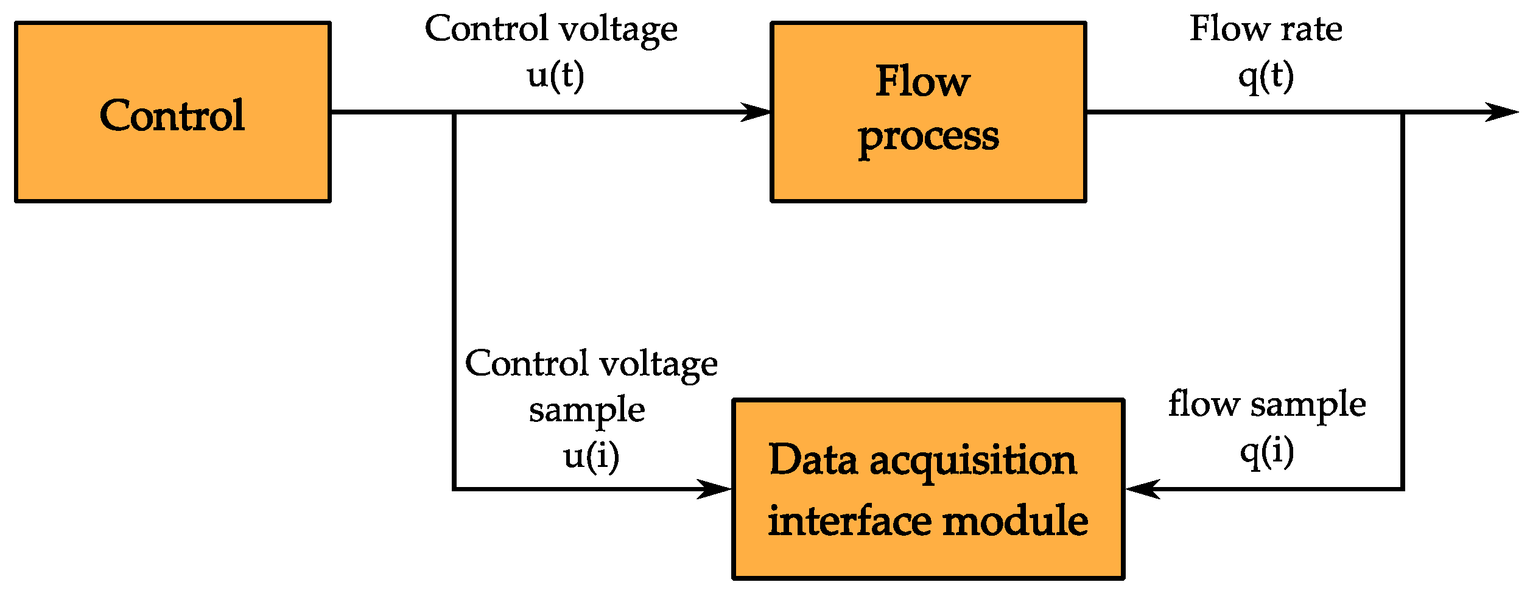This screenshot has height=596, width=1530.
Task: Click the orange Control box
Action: pos(172,112)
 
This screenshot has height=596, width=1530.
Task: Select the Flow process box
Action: pos(928,112)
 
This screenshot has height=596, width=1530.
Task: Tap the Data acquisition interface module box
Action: pos(928,489)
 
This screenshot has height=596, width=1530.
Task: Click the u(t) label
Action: pos(555,75)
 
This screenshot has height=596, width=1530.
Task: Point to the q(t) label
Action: pos(1266,77)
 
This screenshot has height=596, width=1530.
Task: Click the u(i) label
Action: pos(591,456)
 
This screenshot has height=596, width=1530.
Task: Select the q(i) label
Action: pos(1267,452)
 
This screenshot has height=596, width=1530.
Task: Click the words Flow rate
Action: pos(1266,29)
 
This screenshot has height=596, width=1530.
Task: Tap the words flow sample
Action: pos(1267,405)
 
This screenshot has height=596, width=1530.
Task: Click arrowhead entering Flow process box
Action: pos(758,112)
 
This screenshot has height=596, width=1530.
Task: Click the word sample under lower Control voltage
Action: pos(586,410)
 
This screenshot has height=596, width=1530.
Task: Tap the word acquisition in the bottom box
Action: pos(972,461)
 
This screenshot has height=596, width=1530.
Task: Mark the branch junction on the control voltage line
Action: pos(454,112)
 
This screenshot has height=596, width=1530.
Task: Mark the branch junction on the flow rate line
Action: pos(1403,112)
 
